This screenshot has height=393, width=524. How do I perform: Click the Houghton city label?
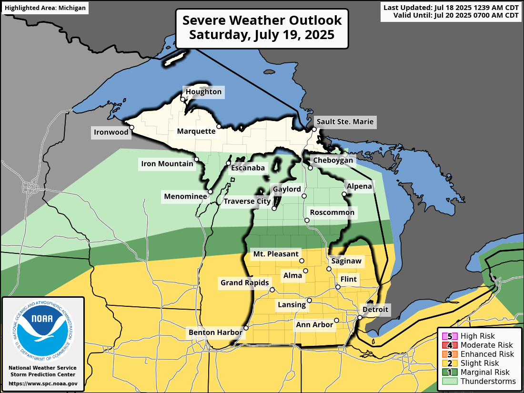coord(203,92)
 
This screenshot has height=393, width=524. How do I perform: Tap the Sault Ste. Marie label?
coord(344,122)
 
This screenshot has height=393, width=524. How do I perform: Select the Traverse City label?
coord(247,202)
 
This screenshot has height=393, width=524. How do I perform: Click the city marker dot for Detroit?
coord(360,318)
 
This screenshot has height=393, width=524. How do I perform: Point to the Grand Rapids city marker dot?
coord(272,290)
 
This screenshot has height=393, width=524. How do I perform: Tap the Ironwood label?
coord(111,132)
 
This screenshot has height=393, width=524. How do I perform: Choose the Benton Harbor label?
coord(215,332)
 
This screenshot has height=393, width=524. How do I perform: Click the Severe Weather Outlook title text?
coord(262,20)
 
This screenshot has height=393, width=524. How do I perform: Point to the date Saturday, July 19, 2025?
coord(262,35)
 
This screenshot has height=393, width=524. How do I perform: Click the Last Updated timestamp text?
coord(450,8)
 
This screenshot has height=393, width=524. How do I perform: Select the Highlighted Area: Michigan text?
coord(45,8)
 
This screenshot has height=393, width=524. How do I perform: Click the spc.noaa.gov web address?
coord(43,383)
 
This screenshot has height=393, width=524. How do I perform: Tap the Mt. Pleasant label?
coord(276,254)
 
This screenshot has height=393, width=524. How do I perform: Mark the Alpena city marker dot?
coord(344,194)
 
